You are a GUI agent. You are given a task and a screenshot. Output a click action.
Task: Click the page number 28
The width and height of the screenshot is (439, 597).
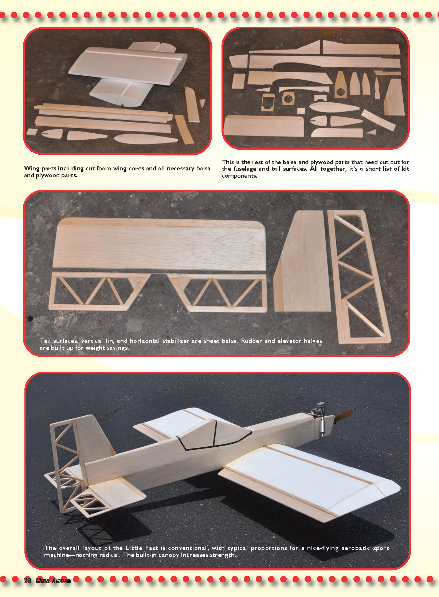click(x=27, y=580)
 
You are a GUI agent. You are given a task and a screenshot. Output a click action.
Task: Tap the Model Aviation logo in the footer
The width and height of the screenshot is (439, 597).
click(x=53, y=581)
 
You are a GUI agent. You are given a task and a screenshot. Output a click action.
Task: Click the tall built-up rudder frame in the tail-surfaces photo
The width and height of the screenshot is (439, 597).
click(x=359, y=277)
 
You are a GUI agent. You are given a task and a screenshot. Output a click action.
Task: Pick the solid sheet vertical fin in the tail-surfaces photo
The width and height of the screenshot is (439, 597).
click(x=301, y=261)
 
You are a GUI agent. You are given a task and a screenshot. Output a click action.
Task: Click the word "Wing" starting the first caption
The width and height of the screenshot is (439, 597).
click(x=31, y=169)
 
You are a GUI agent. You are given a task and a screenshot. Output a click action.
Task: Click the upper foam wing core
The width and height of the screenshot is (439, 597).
click(x=128, y=65)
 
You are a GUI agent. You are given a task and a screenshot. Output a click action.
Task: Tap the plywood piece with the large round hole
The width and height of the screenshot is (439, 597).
click(x=340, y=85)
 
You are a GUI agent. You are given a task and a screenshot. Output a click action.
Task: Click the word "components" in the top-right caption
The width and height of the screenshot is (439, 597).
click(x=239, y=176)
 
